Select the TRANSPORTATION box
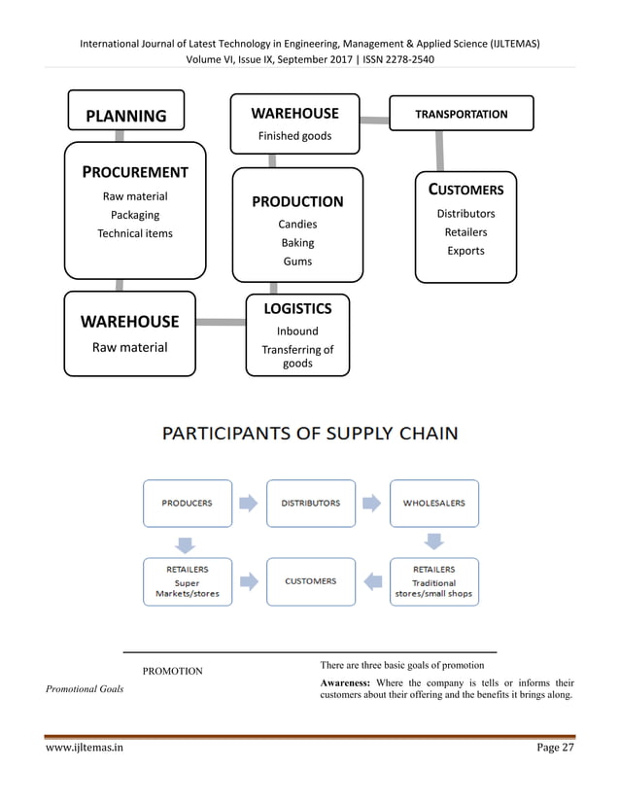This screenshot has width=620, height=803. pos(461,114)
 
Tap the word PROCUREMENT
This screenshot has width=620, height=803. pos(136,172)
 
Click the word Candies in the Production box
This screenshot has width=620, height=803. pos(297,225)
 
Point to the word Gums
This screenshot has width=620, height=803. pos(297,262)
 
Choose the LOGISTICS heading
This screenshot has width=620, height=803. pos(297,309)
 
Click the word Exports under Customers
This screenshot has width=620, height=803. pos(465,251)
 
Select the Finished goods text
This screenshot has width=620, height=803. pos(293,136)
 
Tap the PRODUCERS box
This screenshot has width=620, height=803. pos(188,504)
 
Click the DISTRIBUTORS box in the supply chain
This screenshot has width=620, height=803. pos(310,504)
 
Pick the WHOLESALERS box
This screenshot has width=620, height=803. pos(433,504)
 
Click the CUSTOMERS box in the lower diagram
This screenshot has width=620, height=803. pos(310,581)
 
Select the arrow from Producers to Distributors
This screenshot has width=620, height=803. pos(249,504)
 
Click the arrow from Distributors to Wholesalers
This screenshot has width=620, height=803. pos(372,504)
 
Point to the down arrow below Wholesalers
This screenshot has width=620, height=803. pos(434,541)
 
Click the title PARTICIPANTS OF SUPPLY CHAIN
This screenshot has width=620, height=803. pos(310,433)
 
